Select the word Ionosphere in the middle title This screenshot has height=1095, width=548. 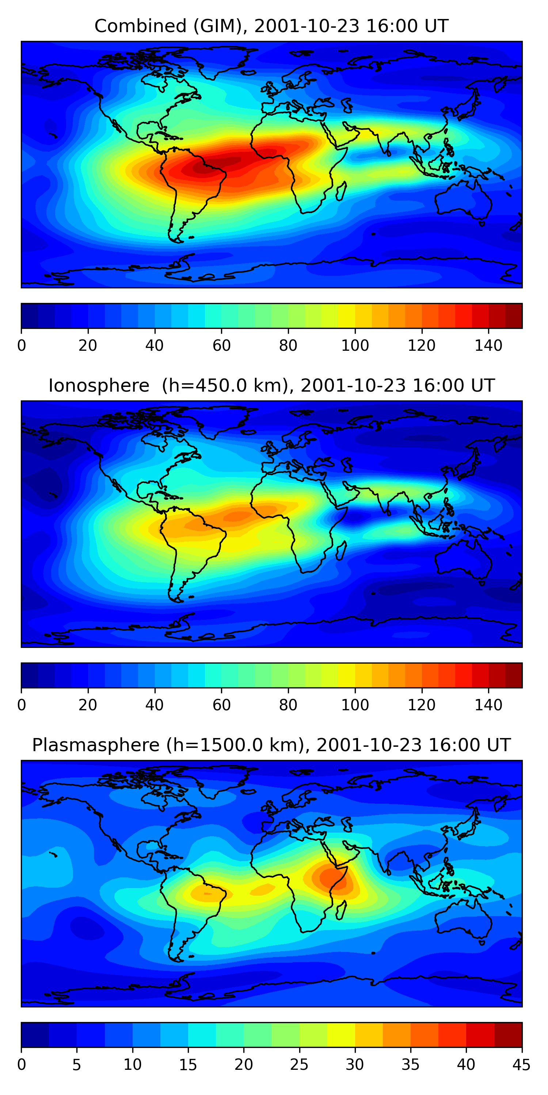point(99,386)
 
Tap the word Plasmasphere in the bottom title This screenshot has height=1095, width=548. point(95,745)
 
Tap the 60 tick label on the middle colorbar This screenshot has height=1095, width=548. point(221,705)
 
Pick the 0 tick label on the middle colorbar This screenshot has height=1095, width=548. point(22,705)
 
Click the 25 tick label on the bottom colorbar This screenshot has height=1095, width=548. point(299,1065)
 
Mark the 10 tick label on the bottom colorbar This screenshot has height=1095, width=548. point(132,1065)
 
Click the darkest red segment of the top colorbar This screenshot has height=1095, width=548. point(514,316)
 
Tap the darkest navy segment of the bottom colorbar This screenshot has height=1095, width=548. point(35,1035)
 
